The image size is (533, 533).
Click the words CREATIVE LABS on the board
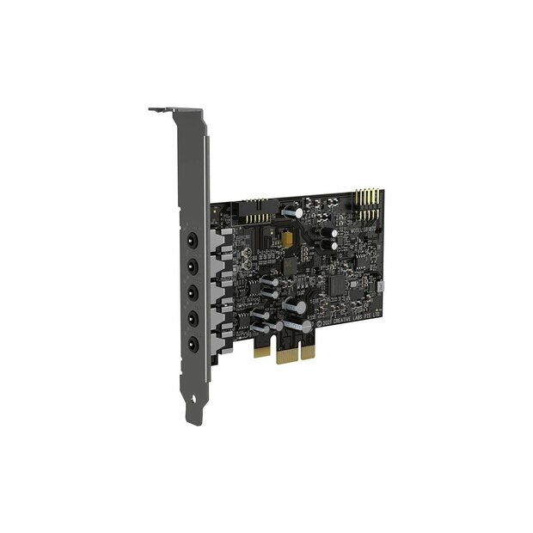350,319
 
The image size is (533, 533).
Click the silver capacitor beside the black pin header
291,211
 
